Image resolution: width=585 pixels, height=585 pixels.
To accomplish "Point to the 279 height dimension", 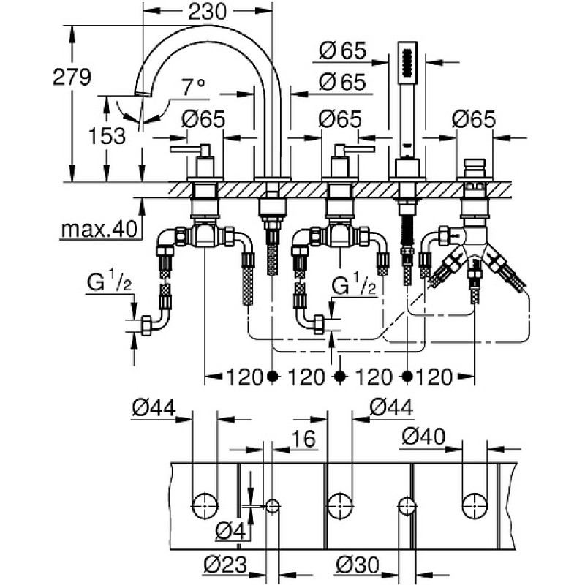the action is tap(72, 78).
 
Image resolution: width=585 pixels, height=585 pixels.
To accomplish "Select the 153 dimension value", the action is tap(107, 136).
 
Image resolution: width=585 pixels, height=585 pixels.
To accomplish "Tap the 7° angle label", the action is tap(193, 87).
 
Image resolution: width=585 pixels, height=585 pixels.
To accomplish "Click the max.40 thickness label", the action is tap(99, 229).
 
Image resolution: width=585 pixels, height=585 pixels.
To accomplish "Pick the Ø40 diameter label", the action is tap(423, 437).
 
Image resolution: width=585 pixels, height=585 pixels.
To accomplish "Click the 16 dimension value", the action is tap(303, 439).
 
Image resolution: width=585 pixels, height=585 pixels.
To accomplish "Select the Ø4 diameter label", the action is tap(231, 532).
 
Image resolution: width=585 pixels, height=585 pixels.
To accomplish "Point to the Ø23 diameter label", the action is tap(225, 565).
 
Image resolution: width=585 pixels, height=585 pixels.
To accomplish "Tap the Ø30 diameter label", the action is tap(357, 565).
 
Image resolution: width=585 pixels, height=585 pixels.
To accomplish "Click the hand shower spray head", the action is tap(407, 64).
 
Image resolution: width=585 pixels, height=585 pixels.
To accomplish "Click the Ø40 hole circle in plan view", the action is tap(475, 506).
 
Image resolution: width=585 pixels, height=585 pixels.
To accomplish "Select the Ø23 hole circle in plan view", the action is tap(272, 506).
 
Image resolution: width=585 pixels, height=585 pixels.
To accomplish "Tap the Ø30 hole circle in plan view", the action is tap(407, 506).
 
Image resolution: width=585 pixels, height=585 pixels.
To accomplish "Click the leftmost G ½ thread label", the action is tap(109, 283).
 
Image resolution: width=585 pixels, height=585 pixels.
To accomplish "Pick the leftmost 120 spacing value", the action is tap(245, 377).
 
